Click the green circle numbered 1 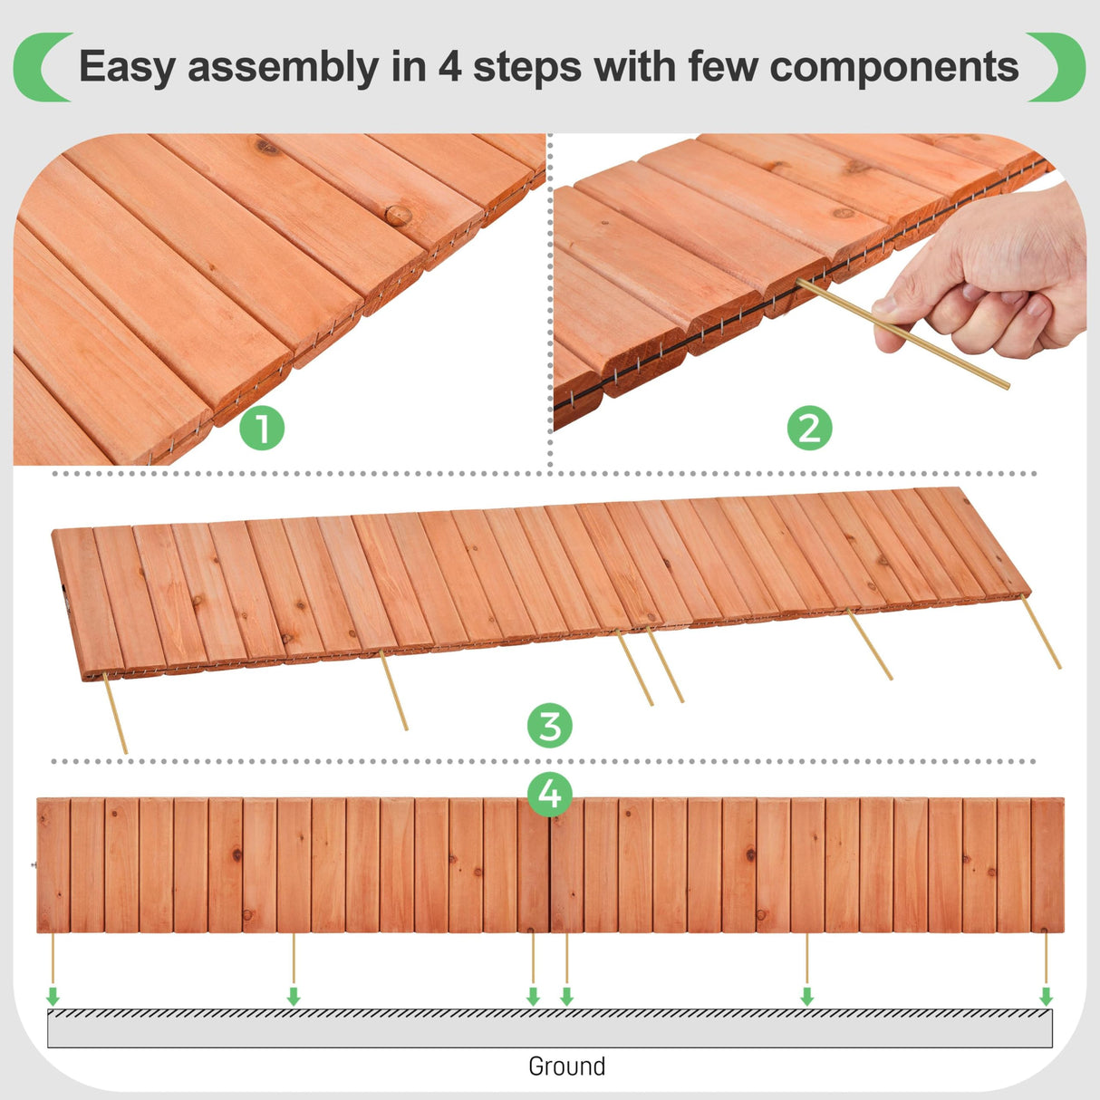pos(262,429)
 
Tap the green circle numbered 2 pos(809,428)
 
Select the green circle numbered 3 pos(550,726)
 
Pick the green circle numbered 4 pos(550,794)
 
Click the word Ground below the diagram pos(566,1066)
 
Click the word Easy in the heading pos(127,67)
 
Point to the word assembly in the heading pos(284,67)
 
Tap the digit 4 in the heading pos(449,67)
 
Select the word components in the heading pos(894,67)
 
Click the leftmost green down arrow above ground pos(53,996)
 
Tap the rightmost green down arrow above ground pos(1046,996)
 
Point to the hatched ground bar pos(549,1028)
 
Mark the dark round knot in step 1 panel pos(398,215)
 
